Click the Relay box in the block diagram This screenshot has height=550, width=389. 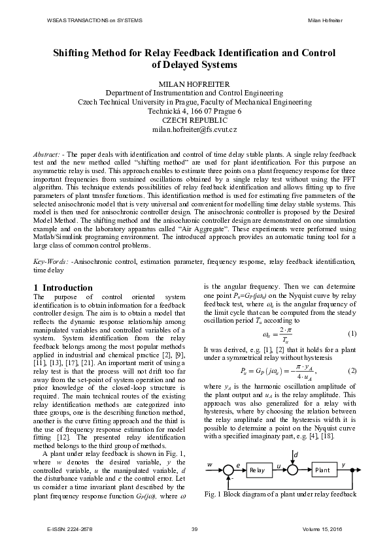(256, 470)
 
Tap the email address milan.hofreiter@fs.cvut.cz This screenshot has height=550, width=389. (194, 130)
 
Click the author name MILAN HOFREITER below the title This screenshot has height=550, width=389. (194, 84)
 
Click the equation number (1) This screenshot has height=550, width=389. (352, 335)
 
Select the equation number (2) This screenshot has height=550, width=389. (352, 370)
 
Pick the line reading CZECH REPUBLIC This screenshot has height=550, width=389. (194, 121)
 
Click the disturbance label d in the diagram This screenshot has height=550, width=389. (296, 453)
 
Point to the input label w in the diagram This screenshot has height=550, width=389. (211, 464)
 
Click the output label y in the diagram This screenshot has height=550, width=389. (345, 464)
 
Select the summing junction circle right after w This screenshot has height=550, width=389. (227, 470)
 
